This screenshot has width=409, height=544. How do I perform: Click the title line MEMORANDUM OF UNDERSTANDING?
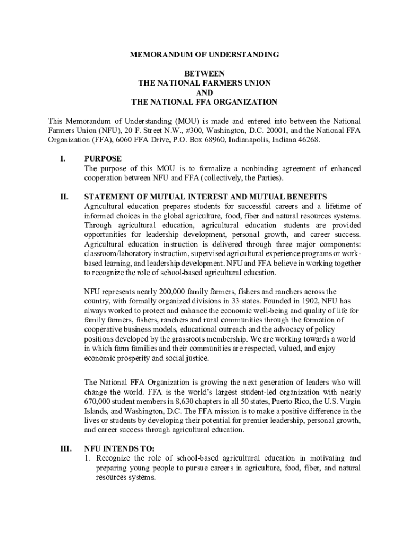click(x=204, y=55)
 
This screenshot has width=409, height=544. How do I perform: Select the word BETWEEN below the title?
click(x=204, y=73)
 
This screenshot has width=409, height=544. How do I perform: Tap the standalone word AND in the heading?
click(x=204, y=92)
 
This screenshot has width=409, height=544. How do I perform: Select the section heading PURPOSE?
click(x=103, y=159)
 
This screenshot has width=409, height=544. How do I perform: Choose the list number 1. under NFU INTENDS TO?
click(x=88, y=458)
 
